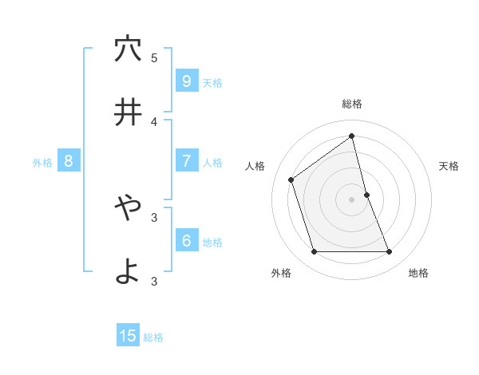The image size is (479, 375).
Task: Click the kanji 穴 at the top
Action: (x=128, y=49)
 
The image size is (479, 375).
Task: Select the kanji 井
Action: (x=128, y=112)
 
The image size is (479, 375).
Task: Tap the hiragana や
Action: (x=128, y=207)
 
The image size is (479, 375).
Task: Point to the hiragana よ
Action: (x=128, y=271)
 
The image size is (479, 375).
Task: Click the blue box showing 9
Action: (x=186, y=81)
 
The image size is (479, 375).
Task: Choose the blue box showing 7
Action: (x=186, y=161)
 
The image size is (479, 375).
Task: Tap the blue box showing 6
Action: (x=186, y=241)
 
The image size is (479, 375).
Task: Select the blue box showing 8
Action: (x=69, y=161)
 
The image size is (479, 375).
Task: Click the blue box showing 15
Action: (x=128, y=336)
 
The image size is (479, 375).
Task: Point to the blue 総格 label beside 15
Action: (x=153, y=337)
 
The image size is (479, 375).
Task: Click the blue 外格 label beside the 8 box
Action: (x=42, y=163)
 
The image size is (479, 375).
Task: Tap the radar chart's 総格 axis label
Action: (x=352, y=104)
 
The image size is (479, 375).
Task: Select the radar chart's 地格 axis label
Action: (x=418, y=274)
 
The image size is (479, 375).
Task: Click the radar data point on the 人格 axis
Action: (x=291, y=180)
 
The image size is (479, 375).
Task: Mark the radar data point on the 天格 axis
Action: (x=366, y=195)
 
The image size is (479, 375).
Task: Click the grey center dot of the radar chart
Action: (x=352, y=199)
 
